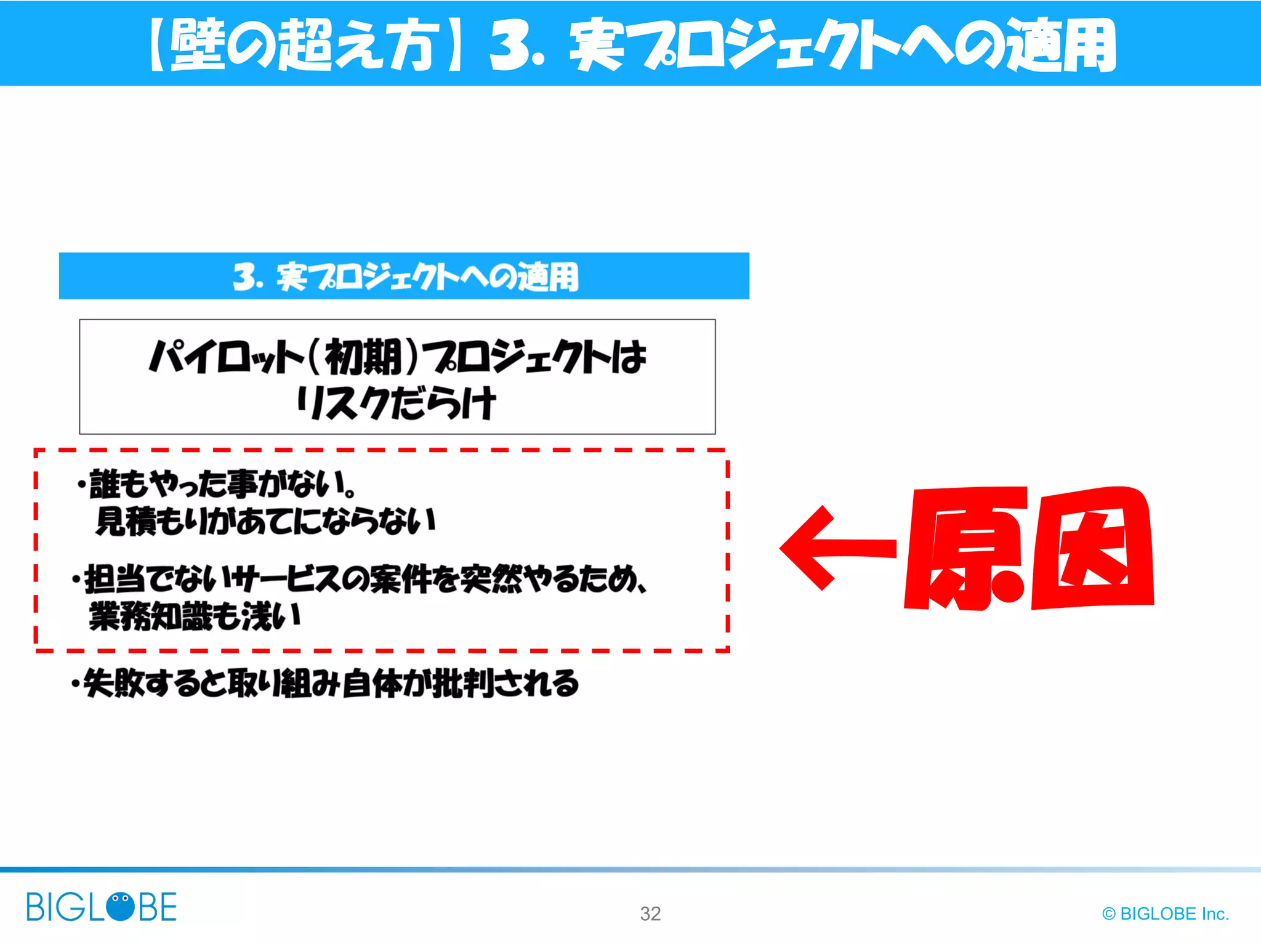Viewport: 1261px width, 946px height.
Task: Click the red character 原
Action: tap(965, 548)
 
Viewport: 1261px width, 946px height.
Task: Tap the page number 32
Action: tap(650, 913)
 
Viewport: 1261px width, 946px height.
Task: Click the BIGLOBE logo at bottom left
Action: tap(101, 907)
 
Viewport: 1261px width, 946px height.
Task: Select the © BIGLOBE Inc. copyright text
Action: tap(1165, 913)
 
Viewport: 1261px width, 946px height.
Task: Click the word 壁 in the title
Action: tap(196, 44)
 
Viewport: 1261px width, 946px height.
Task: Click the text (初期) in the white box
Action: tap(363, 357)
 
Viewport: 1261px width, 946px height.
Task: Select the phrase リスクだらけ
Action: tap(396, 403)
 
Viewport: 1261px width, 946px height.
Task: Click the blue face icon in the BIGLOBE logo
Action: tap(120, 906)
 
